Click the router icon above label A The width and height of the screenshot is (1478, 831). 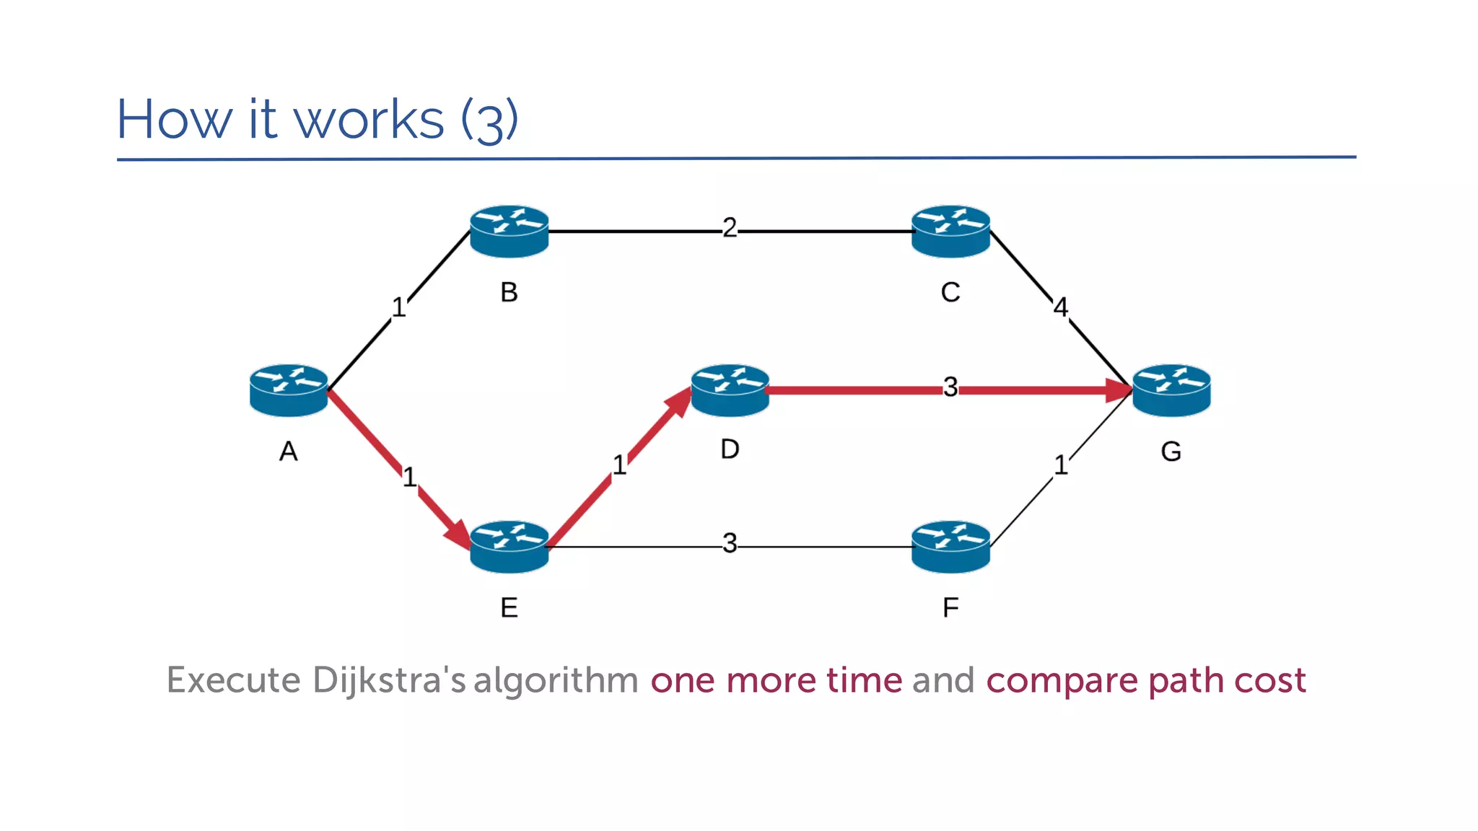pos(289,390)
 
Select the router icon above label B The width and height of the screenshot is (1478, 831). pos(509,231)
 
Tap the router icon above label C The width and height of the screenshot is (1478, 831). pos(950,231)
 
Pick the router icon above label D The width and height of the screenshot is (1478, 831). pos(730,390)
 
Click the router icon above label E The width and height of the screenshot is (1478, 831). pos(509,547)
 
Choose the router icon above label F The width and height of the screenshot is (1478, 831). pos(950,547)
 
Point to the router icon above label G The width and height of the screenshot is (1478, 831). pos(1171,390)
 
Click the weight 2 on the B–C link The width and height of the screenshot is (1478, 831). pos(730,228)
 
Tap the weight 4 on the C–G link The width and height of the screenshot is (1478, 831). pos(1060,307)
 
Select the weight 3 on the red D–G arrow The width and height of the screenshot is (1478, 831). pos(950,387)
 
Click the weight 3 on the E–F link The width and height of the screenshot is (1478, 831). pos(730,543)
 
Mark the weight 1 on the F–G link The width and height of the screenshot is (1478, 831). pos(1060,465)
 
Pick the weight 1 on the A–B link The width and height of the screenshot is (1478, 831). pos(398,308)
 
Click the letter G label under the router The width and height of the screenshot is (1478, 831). pos(1171,452)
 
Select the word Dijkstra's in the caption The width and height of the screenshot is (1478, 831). pos(389,680)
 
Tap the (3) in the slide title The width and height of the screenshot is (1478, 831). pos(489,120)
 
